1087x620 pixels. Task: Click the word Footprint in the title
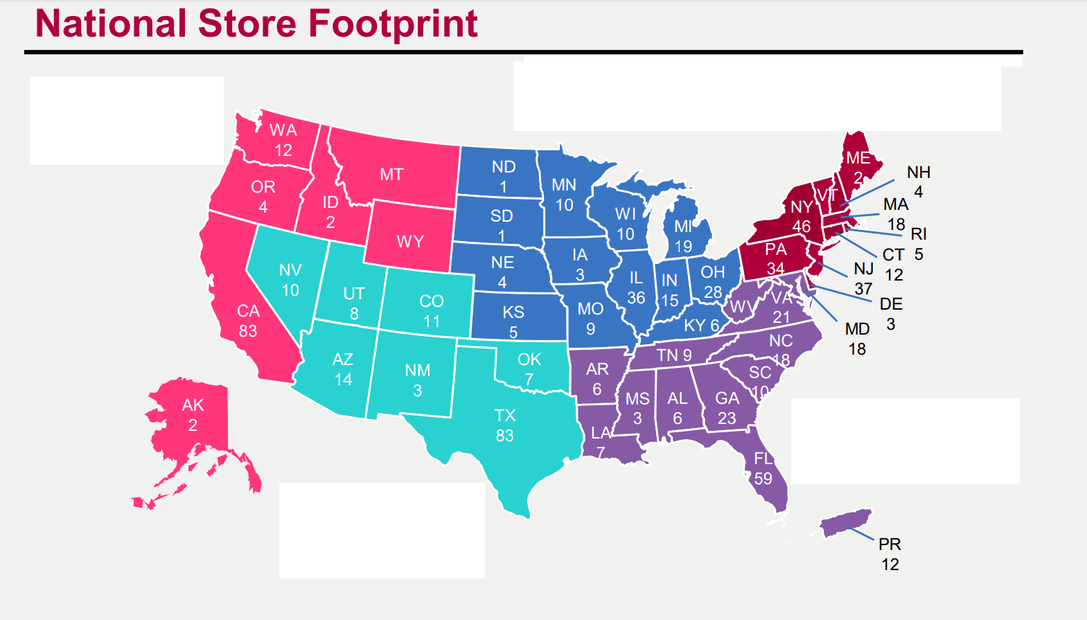[x=393, y=24]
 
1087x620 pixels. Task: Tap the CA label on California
[x=248, y=311]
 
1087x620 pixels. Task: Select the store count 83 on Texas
[x=504, y=436]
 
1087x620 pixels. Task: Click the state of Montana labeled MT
[x=391, y=175]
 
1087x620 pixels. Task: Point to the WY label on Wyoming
[x=410, y=242]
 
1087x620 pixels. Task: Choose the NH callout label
[x=919, y=172]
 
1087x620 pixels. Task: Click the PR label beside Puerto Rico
[x=890, y=544]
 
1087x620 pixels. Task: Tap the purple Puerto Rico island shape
[x=846, y=522]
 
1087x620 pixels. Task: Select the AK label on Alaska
[x=193, y=405]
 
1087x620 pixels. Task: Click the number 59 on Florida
[x=763, y=479]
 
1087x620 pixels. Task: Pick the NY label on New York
[x=802, y=207]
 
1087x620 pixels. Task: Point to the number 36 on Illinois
[x=636, y=298]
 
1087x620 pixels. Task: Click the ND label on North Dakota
[x=504, y=167]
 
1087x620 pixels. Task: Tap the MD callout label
[x=857, y=329]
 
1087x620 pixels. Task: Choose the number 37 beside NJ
[x=863, y=288]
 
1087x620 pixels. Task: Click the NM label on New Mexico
[x=418, y=371]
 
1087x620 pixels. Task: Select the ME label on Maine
[x=858, y=159]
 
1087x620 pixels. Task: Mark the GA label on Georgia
[x=727, y=398]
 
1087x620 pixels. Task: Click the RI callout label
[x=919, y=234]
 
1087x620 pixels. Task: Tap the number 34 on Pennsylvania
[x=775, y=268]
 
